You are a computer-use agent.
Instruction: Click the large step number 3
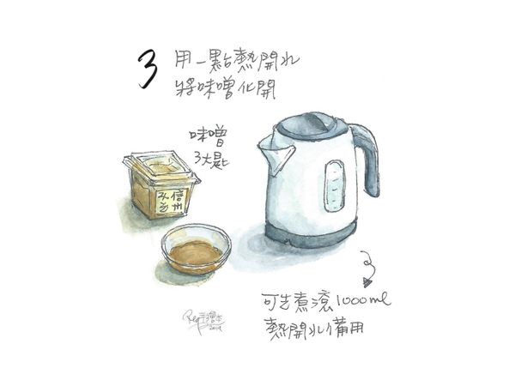point(148,69)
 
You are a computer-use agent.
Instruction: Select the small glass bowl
point(197,248)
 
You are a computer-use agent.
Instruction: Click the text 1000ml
point(361,300)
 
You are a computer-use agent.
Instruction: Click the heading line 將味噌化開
point(227,87)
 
